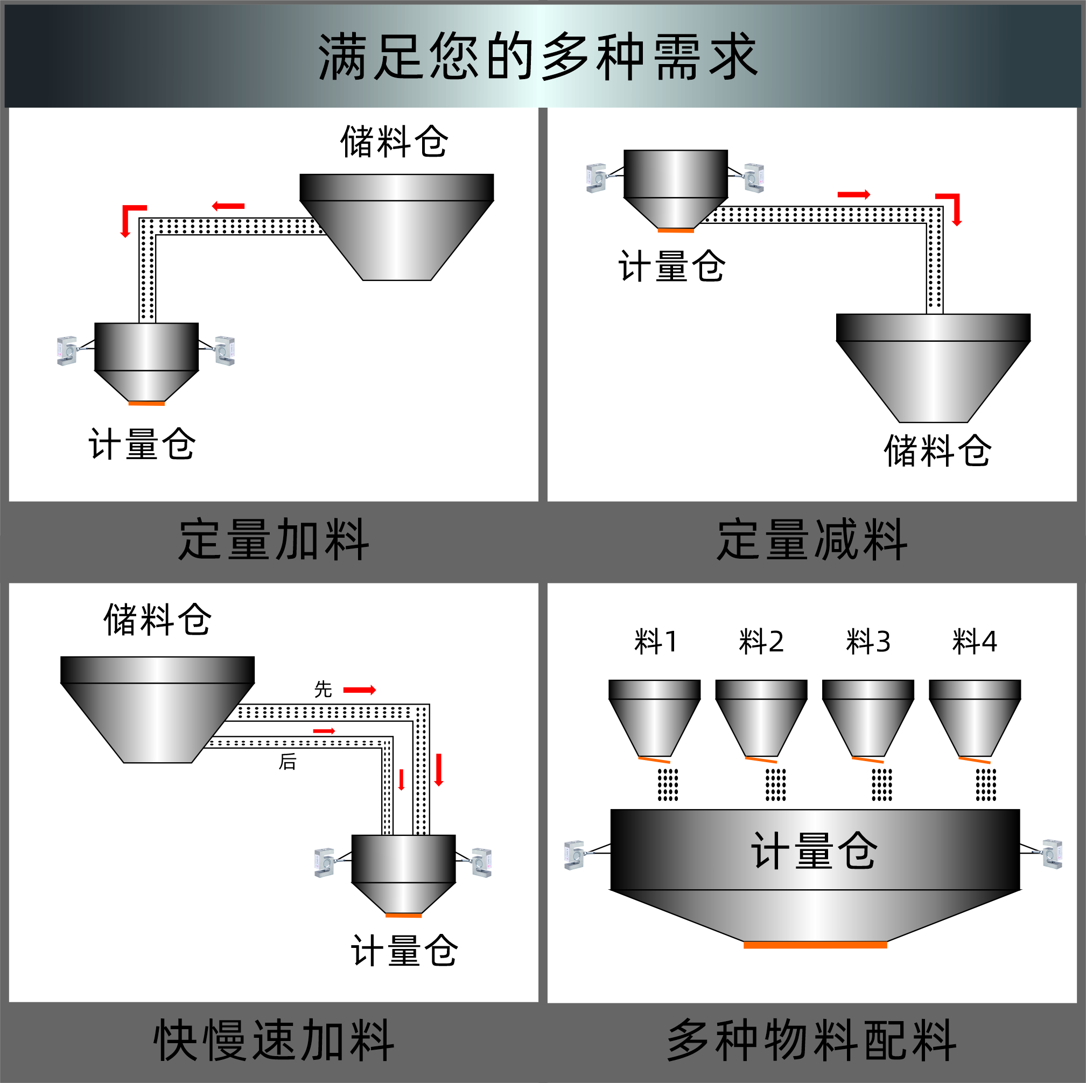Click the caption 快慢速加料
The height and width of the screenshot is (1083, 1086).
click(x=274, y=1040)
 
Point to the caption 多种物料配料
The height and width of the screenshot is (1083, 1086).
click(x=812, y=1040)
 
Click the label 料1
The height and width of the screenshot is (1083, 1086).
click(x=656, y=642)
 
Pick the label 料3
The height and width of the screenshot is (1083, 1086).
click(x=868, y=642)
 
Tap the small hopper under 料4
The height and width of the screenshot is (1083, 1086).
click(x=975, y=719)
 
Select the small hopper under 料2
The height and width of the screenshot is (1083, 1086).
click(x=761, y=719)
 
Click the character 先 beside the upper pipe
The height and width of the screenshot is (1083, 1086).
click(x=323, y=690)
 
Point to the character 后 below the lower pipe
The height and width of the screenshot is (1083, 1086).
click(x=288, y=762)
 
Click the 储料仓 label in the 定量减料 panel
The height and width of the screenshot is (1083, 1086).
click(x=937, y=451)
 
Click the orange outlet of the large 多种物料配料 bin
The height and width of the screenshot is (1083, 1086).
click(x=815, y=945)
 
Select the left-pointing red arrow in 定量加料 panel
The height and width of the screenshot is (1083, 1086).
click(x=228, y=206)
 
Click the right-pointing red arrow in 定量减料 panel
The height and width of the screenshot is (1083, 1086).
click(x=854, y=194)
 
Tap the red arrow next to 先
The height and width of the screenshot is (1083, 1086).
click(x=360, y=690)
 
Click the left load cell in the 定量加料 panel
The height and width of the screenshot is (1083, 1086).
click(x=67, y=351)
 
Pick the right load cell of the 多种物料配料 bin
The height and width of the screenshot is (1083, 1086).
click(x=1052, y=854)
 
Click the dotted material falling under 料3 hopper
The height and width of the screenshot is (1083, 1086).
click(x=881, y=785)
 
